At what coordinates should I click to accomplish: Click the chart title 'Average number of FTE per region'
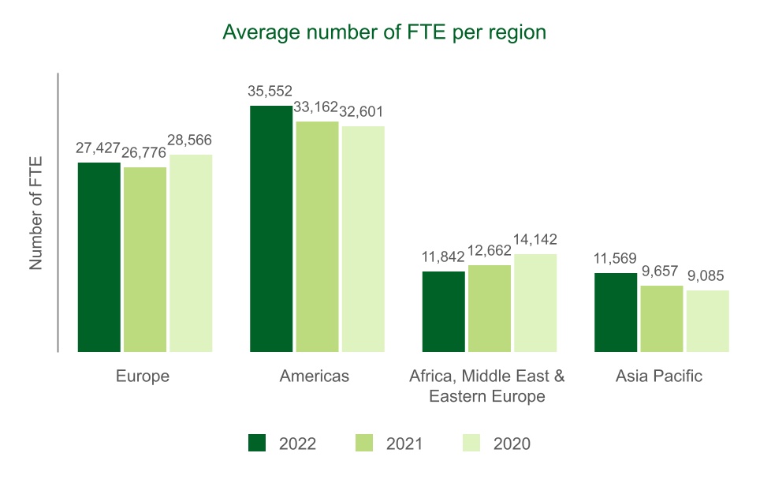coord(385,32)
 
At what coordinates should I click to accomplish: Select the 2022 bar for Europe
coord(99,256)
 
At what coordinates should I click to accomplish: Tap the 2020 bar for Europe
coord(191,253)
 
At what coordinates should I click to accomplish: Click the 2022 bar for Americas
coord(271,228)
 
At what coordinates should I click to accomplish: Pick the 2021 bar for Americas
coord(317,236)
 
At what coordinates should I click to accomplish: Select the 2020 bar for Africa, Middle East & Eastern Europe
coord(535,302)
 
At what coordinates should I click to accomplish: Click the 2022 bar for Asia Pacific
coord(616,312)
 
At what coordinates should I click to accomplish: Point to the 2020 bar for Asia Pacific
coord(707,320)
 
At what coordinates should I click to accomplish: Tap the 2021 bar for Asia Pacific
coord(661,318)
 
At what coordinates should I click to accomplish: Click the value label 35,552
coord(270,91)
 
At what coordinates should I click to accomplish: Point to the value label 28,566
coord(189,140)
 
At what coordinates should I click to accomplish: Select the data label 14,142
coord(534,239)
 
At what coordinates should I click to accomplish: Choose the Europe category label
coord(143,376)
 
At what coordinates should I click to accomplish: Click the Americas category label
coord(315,376)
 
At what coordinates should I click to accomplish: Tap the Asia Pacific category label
coord(659,376)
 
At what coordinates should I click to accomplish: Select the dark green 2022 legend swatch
coord(258,444)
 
